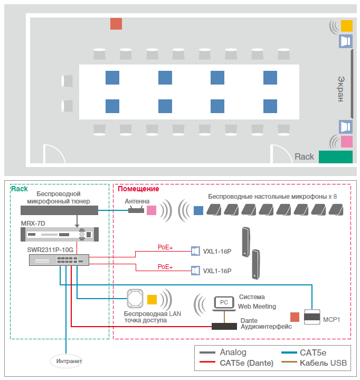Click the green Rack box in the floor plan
(x=335, y=156)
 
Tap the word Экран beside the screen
(x=341, y=88)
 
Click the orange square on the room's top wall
(x=116, y=24)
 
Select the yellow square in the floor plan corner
(x=346, y=25)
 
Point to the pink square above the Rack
(x=346, y=142)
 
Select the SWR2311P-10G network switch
(x=59, y=259)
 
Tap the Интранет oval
(x=67, y=362)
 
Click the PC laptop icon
(x=224, y=303)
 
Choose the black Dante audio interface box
(x=224, y=326)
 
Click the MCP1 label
(x=331, y=320)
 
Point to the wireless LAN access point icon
(x=135, y=299)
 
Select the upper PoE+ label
(x=165, y=247)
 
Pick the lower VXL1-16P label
(x=217, y=271)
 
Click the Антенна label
(x=137, y=201)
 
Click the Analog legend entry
(x=233, y=353)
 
